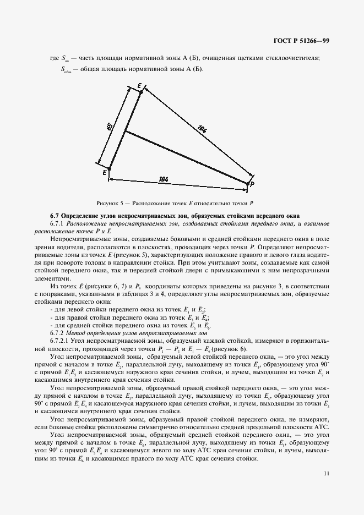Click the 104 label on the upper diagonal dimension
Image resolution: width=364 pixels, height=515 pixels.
tap(202, 130)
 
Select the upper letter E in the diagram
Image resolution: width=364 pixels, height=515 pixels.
tap(139, 86)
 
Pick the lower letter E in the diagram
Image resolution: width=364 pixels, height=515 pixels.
tap(104, 173)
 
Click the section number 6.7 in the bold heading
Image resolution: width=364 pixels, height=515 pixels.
tap(55, 215)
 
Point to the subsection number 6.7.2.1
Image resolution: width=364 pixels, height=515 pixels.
tap(61, 342)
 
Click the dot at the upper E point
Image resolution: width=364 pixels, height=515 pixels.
tap(141, 92)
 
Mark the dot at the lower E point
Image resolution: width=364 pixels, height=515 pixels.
tap(109, 168)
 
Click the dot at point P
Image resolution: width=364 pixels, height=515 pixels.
tap(247, 183)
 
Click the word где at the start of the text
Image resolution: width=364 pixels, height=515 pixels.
tap(53, 58)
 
